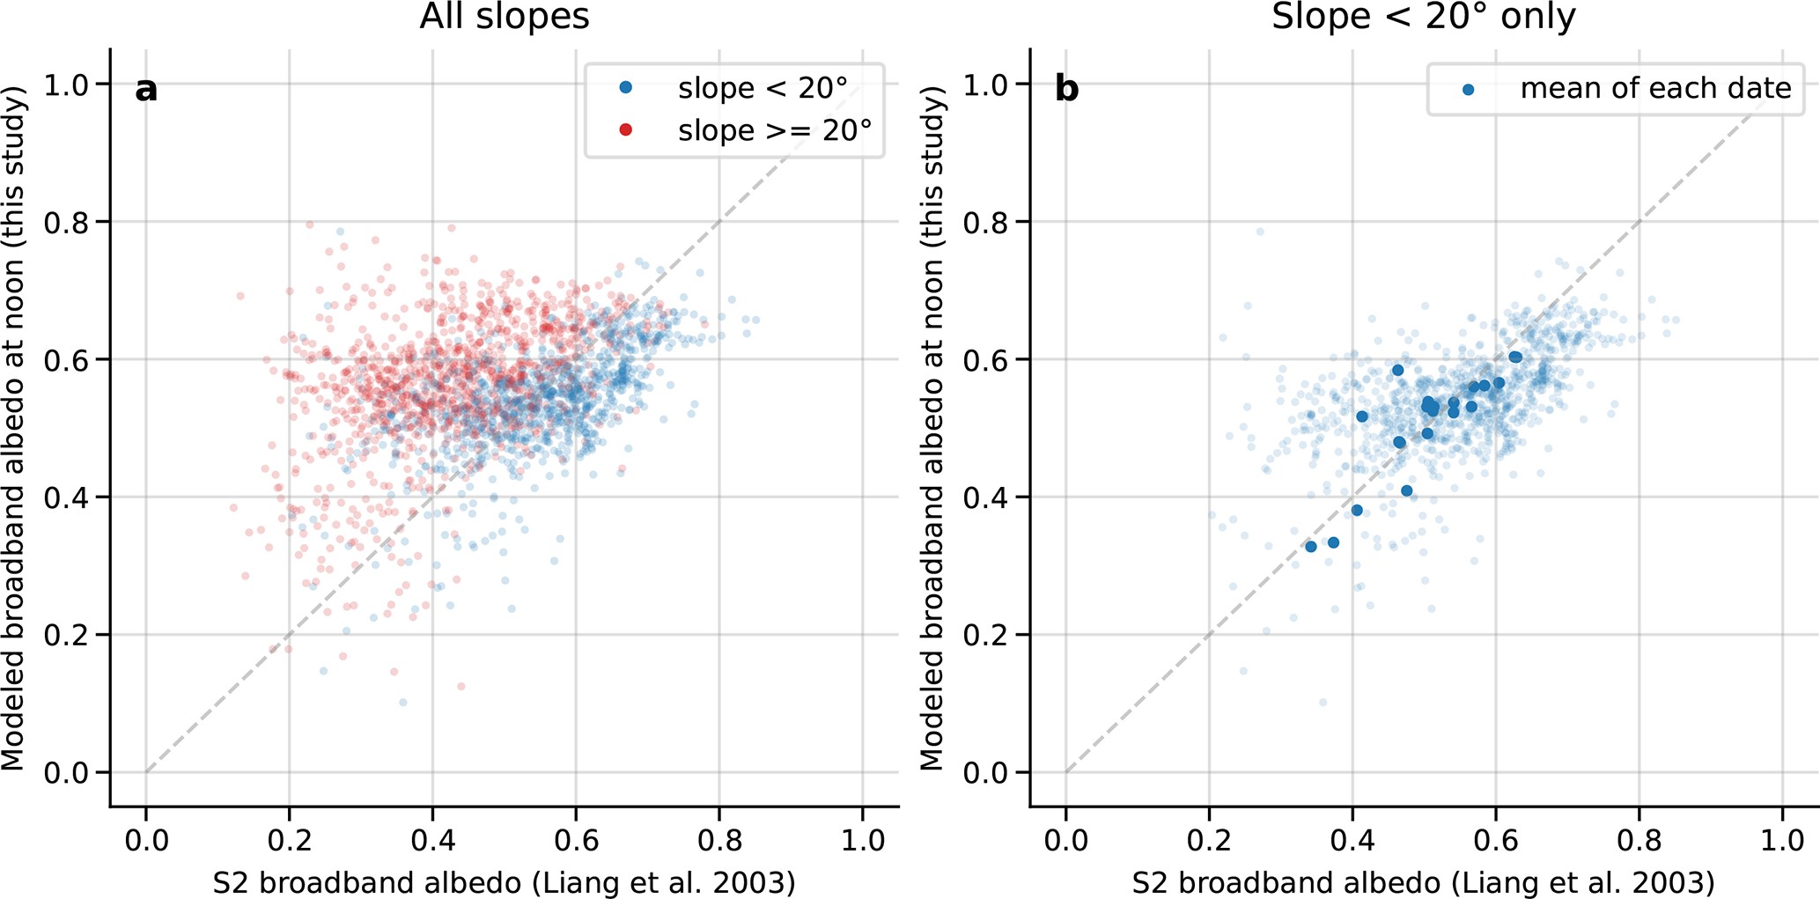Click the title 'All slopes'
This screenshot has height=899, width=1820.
point(504,17)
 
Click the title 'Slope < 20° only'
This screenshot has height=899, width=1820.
point(1423,17)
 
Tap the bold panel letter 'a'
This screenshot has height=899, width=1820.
point(146,89)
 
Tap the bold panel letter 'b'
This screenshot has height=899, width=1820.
point(1066,89)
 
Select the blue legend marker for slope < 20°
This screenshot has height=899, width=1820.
point(626,87)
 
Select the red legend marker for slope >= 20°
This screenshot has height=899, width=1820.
point(626,130)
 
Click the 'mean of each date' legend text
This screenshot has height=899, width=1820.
point(1655,88)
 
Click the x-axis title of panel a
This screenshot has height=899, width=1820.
point(504,882)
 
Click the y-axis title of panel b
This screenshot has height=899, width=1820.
point(932,430)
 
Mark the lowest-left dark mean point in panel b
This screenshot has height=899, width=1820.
point(1311,547)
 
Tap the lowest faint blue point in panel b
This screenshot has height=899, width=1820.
point(1323,703)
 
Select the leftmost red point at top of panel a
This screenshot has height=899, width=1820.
point(240,296)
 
